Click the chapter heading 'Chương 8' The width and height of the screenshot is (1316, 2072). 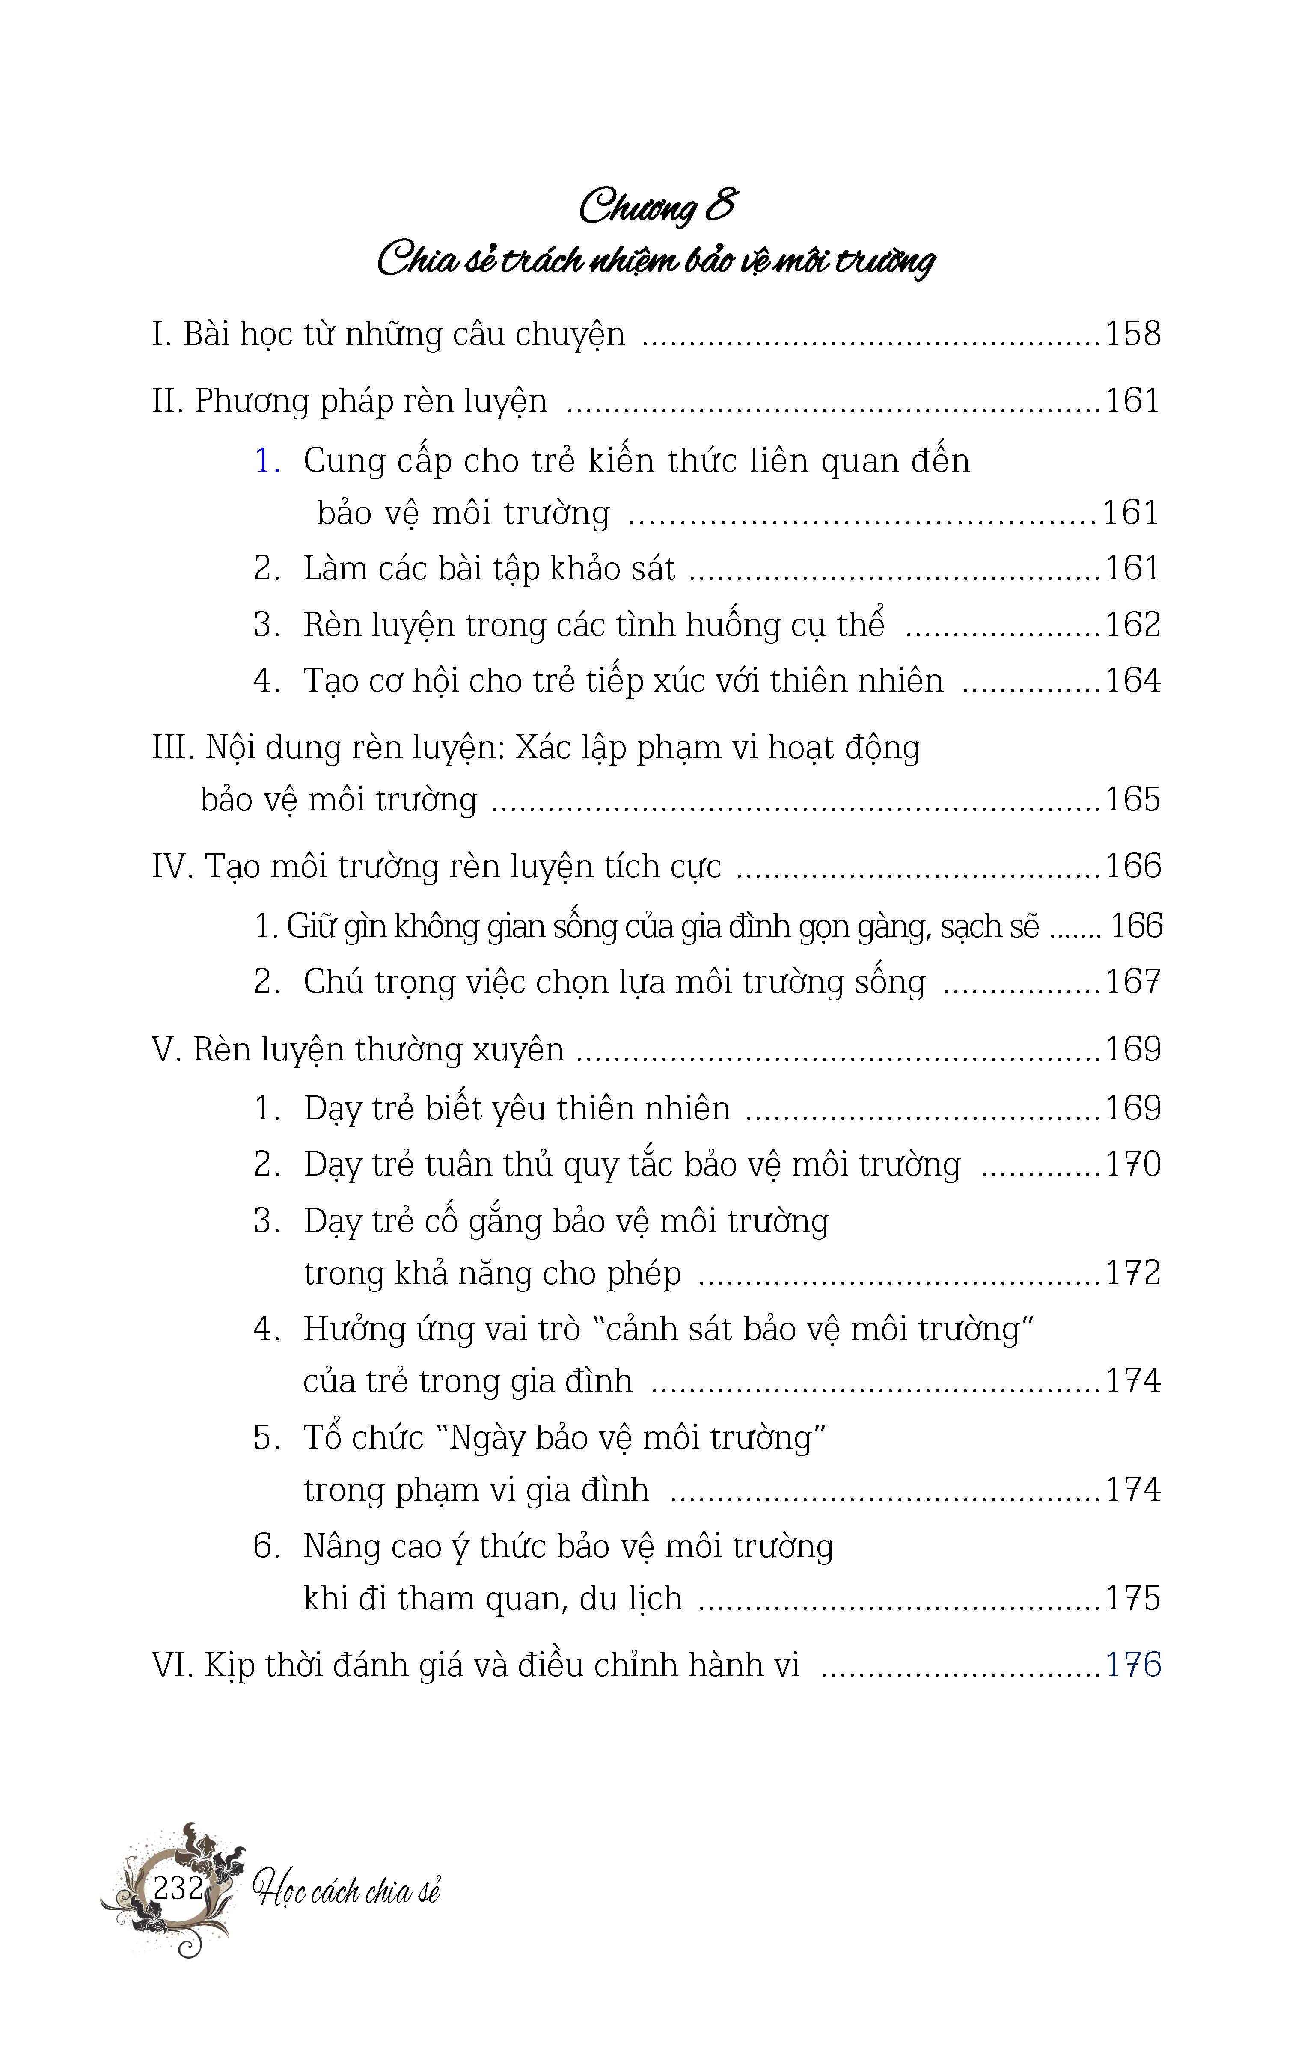pos(657,207)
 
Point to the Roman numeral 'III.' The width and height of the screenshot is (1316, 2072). pos(174,748)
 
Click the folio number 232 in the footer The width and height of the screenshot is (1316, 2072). pos(178,1889)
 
